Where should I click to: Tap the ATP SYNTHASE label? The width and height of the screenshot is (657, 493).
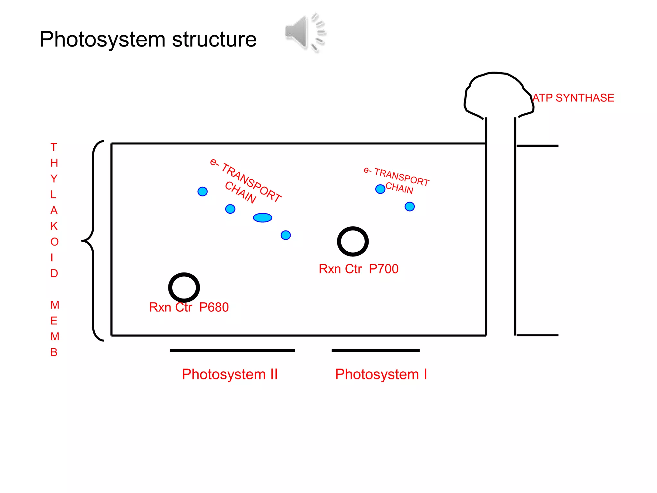573,98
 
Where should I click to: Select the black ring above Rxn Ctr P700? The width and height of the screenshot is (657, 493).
353,241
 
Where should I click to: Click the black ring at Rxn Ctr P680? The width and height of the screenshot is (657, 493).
184,287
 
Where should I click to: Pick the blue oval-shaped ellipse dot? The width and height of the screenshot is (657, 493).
262,218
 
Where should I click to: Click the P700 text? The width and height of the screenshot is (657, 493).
384,269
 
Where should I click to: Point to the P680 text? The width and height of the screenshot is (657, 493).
214,307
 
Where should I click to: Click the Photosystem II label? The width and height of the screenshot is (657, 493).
230,374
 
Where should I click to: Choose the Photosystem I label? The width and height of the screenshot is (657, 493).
381,374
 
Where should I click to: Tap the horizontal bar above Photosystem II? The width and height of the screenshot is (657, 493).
232,350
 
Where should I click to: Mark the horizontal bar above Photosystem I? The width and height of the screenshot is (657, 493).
375,350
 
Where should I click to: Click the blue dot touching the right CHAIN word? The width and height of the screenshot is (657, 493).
380,189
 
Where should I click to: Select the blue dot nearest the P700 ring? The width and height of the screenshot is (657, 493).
286,235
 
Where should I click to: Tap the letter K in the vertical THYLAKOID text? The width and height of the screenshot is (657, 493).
54,226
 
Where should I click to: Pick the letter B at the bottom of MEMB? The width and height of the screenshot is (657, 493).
54,352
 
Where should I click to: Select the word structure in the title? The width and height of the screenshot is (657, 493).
214,40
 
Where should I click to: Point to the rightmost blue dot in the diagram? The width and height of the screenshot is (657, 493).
410,206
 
